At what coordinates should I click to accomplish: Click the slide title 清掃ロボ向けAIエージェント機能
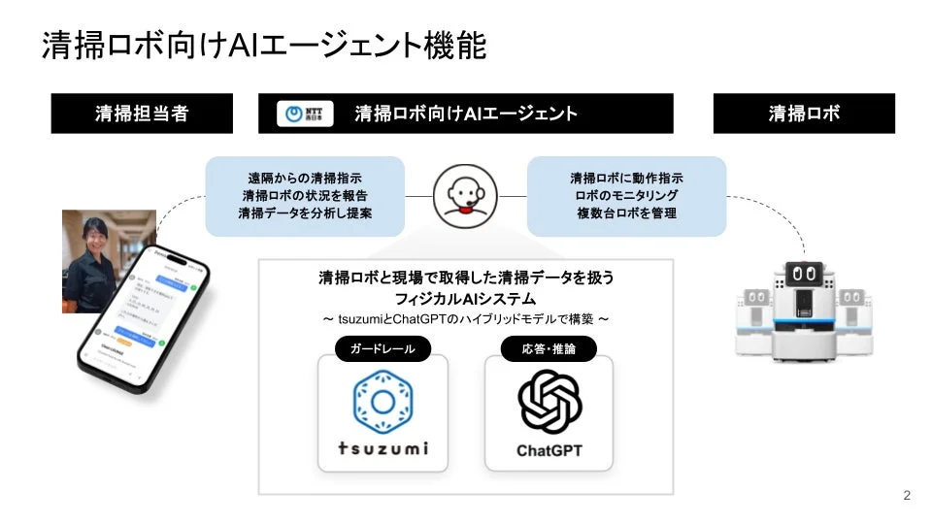[x=263, y=46]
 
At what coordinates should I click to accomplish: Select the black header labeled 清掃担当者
[x=142, y=114]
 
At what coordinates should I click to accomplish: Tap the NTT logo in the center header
[x=305, y=114]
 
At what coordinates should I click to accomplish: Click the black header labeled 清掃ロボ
[x=804, y=114]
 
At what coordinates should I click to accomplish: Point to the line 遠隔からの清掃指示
[x=305, y=180]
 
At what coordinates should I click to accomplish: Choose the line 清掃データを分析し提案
[x=305, y=213]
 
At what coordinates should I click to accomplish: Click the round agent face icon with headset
[x=466, y=195]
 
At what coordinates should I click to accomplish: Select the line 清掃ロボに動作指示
[x=626, y=180]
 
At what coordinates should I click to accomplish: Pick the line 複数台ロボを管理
[x=626, y=213]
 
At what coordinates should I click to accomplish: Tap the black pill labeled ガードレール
[x=383, y=348]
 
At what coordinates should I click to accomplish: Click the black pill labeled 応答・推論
[x=549, y=348]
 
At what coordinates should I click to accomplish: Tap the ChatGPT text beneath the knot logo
[x=549, y=450]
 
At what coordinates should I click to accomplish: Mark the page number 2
[x=907, y=496]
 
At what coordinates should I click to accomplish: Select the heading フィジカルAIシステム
[x=466, y=298]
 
